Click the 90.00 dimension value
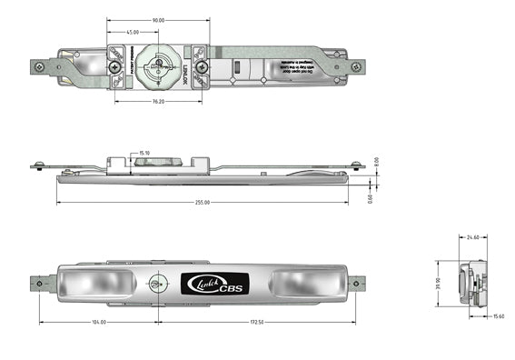[x=158, y=20]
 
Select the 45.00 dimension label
[x=133, y=33]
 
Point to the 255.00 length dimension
[x=201, y=203]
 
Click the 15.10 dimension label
[x=144, y=154]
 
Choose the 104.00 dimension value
[x=97, y=322]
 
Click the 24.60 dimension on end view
[x=472, y=237]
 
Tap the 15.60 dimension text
[x=498, y=316]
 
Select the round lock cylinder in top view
[x=159, y=66]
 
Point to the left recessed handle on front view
[x=93, y=284]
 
